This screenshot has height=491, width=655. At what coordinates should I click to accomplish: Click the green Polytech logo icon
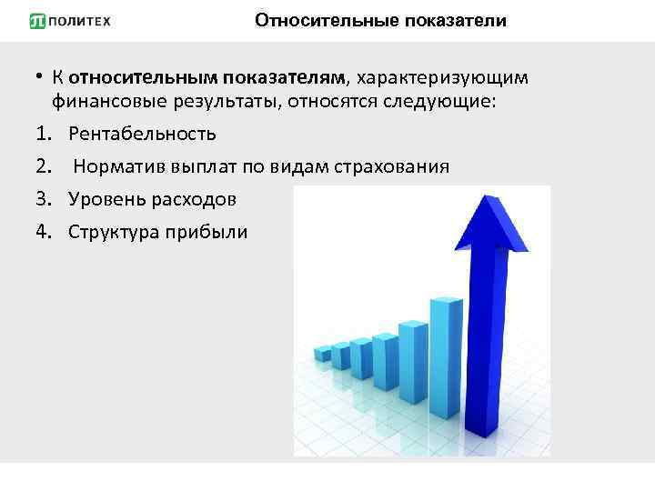click(37, 21)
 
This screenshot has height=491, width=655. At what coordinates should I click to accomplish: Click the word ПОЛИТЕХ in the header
click(80, 21)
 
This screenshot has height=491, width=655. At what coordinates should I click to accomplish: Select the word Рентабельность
click(142, 134)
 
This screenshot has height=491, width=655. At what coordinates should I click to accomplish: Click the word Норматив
click(114, 166)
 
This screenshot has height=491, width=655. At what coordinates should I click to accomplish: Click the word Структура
click(112, 232)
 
